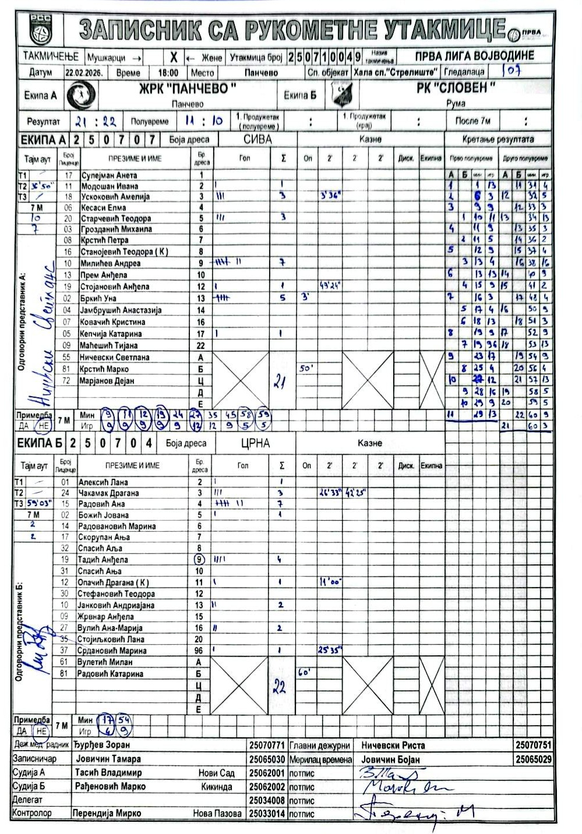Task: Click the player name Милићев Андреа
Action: point(111,263)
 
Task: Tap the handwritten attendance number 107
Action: point(512,71)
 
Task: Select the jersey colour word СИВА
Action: point(258,139)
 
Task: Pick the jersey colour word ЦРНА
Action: point(255,443)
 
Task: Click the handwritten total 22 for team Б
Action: point(279,687)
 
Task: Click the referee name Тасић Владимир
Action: point(108,773)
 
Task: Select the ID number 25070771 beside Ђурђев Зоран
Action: point(267,745)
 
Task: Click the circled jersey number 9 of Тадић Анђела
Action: point(199,559)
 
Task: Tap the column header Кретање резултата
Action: point(498,140)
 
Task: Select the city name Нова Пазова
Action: point(217,813)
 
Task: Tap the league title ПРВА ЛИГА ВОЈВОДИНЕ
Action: point(474,56)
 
